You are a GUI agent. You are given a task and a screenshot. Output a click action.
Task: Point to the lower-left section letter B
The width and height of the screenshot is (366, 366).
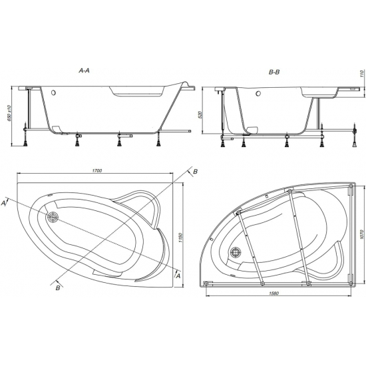coord(59,287)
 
